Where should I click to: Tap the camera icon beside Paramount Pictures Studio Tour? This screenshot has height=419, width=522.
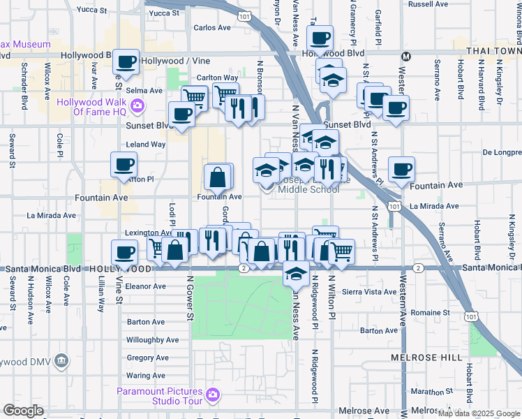[x=214, y=396]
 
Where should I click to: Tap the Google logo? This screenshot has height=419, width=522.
[x=23, y=411]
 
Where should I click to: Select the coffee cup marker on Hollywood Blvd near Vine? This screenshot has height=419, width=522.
[x=126, y=62]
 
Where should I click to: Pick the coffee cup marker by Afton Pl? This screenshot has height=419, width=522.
[x=124, y=166]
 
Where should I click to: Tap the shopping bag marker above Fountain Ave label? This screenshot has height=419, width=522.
[x=218, y=177]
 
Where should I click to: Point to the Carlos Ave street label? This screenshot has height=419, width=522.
[x=212, y=28]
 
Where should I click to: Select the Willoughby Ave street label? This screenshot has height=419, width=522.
[x=153, y=340]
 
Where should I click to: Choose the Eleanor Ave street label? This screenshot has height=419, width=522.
[x=146, y=286]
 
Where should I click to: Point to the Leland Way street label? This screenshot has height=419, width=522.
[x=145, y=145]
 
